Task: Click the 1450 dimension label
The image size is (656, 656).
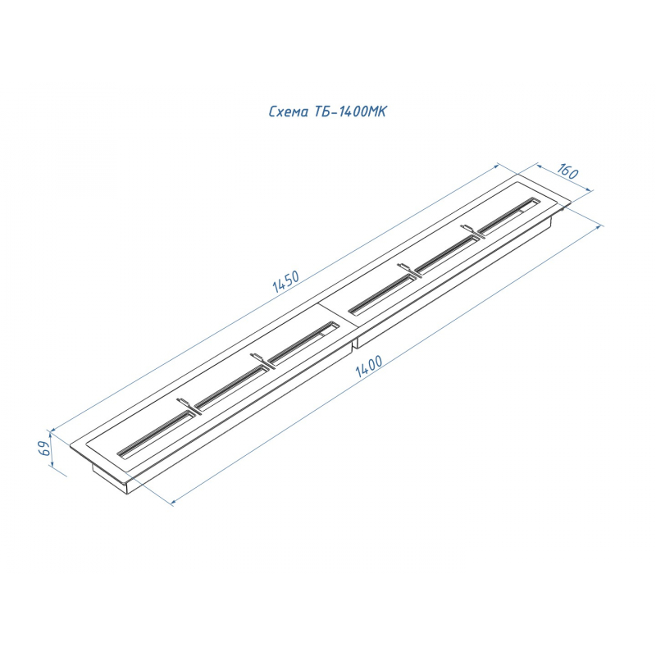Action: point(286,281)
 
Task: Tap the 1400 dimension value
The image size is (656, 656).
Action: point(369,367)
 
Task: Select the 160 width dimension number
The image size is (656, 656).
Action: point(567,171)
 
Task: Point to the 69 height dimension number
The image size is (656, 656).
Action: point(45,448)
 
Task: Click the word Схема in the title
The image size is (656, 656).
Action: point(289,112)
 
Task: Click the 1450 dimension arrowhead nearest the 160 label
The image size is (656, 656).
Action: point(497,165)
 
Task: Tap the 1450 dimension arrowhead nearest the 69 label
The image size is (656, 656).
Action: point(53,429)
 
